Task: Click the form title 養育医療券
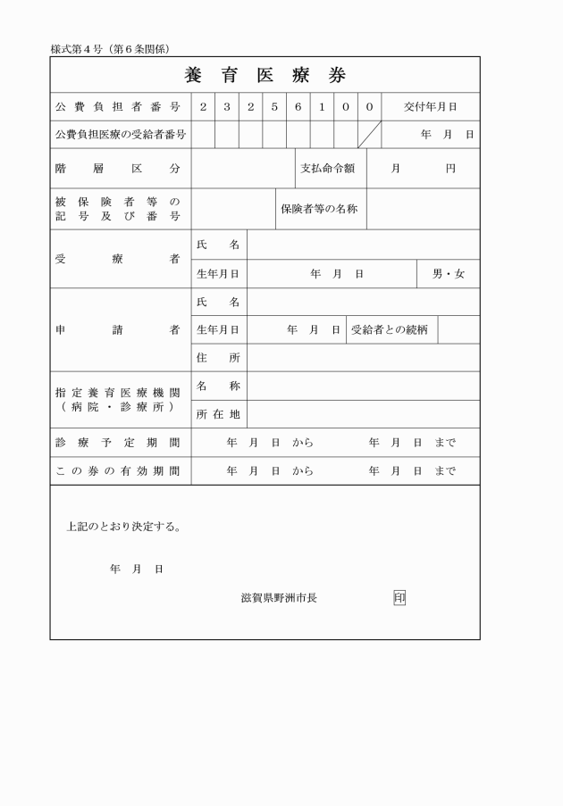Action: (265, 75)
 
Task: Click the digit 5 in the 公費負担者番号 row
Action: (274, 107)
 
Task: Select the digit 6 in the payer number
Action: (298, 107)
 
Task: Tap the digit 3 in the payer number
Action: (227, 107)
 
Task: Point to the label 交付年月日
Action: (430, 107)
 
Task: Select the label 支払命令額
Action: (327, 168)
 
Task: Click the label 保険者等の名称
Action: (319, 209)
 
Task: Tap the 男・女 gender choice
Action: (449, 274)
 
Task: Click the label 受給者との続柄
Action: (389, 329)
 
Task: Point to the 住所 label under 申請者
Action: (218, 358)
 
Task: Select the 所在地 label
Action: (218, 414)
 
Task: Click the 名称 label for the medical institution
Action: (218, 386)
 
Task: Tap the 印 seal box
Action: (399, 598)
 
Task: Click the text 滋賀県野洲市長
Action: (279, 598)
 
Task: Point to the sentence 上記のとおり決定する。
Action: (124, 526)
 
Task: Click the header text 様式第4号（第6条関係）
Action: (110, 48)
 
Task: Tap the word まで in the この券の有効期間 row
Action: (445, 471)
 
